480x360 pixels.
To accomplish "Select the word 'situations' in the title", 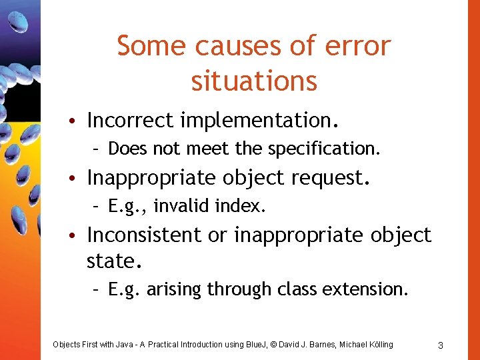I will (x=254, y=81).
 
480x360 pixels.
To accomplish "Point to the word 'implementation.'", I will (x=260, y=121).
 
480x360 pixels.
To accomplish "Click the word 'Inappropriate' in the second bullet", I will (x=152, y=178).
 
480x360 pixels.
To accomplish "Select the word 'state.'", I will (x=115, y=260).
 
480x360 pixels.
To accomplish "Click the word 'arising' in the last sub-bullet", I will (x=175, y=289).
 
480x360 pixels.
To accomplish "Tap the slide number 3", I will (x=441, y=345).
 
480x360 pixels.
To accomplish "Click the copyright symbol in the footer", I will (x=273, y=345).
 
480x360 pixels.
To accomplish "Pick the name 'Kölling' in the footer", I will (x=378, y=345).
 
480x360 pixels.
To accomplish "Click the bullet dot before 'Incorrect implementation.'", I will (x=78, y=121).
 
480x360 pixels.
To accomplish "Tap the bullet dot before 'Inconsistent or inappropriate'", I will (x=78, y=235).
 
